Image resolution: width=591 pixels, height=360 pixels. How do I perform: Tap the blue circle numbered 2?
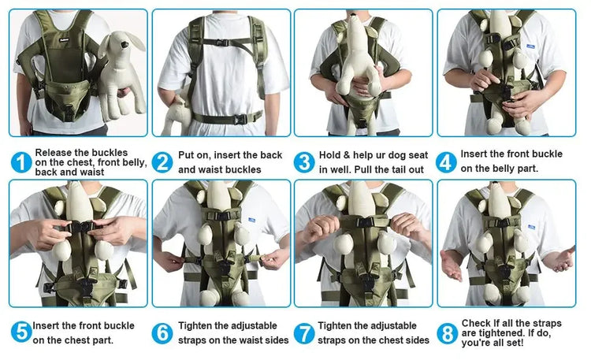point(162,162)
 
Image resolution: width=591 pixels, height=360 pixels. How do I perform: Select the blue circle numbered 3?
point(304,162)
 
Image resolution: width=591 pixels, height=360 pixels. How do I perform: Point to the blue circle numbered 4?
point(447,162)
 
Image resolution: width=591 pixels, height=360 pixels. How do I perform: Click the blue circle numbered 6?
point(162,332)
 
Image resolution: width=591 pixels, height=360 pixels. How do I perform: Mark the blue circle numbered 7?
point(304,332)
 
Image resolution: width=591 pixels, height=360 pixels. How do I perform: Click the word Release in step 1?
point(54,152)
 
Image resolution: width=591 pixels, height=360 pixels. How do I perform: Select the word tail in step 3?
point(392,169)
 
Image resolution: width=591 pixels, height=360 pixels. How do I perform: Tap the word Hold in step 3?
point(332,155)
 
